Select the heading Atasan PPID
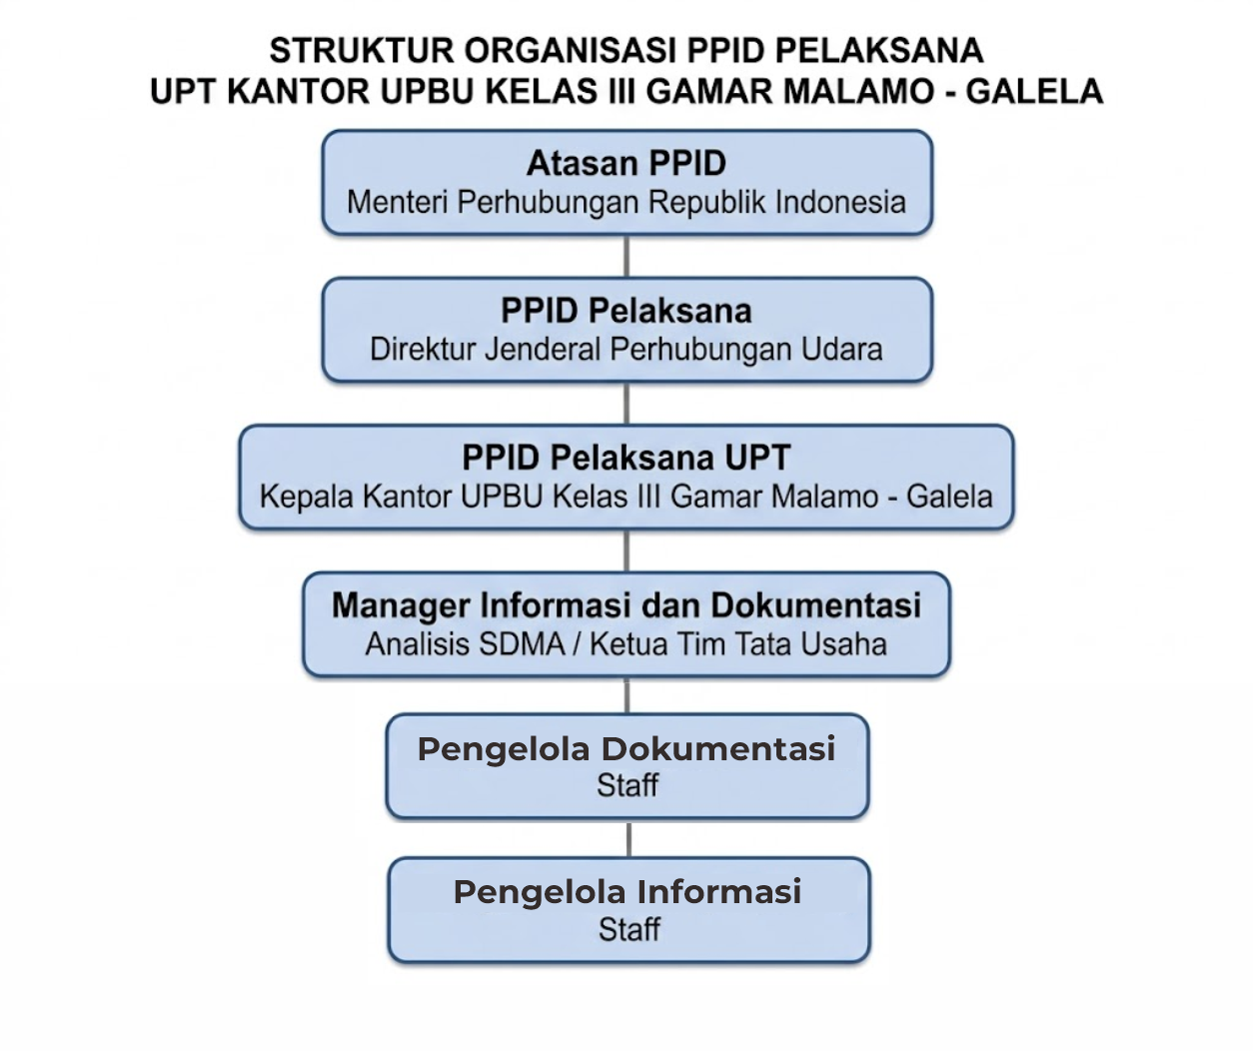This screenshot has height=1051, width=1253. tap(626, 163)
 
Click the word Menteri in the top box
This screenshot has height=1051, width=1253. tap(398, 202)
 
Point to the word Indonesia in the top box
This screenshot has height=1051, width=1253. tap(840, 202)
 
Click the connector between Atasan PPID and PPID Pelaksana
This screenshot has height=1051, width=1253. tap(627, 256)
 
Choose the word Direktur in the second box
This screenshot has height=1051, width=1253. tap(423, 349)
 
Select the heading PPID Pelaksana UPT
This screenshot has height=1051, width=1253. tap(626, 458)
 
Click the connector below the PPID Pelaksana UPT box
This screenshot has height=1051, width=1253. tap(627, 550)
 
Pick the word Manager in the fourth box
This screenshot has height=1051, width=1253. tap(401, 604)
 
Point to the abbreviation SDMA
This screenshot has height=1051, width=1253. tap(522, 644)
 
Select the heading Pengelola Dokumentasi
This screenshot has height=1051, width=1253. tap(626, 748)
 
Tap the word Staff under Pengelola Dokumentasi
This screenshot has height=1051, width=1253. tap(627, 785)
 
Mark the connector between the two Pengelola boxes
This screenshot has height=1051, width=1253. tap(628, 838)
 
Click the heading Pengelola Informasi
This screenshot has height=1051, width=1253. tap(627, 891)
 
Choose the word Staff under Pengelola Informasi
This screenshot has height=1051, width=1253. tap(629, 929)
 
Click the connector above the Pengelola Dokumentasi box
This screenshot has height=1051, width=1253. tap(627, 695)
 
